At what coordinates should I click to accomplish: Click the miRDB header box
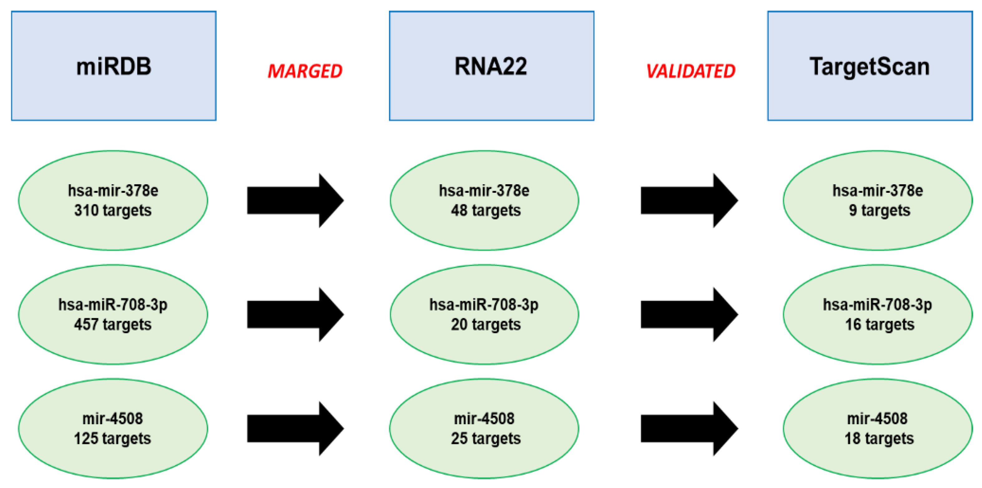click(114, 66)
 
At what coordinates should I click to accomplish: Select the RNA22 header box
click(491, 66)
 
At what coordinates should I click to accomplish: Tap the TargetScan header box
click(870, 66)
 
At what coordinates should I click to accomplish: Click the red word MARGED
click(305, 71)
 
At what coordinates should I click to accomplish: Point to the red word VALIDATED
click(691, 71)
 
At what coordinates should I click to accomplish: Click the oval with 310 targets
click(113, 200)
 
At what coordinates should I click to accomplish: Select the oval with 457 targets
click(113, 314)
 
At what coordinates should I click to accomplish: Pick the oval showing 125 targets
click(113, 428)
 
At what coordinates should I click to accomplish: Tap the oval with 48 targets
click(484, 200)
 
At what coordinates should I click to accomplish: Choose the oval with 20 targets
click(484, 314)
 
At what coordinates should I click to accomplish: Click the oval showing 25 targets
click(484, 428)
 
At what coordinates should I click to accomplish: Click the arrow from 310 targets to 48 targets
click(293, 200)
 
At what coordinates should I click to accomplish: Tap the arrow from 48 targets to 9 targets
click(687, 200)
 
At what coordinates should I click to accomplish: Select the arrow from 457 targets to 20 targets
click(293, 314)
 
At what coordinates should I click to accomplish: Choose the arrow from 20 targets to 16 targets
click(687, 314)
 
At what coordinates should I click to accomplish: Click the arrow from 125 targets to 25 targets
click(293, 428)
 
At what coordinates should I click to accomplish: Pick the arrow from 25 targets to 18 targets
click(687, 428)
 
